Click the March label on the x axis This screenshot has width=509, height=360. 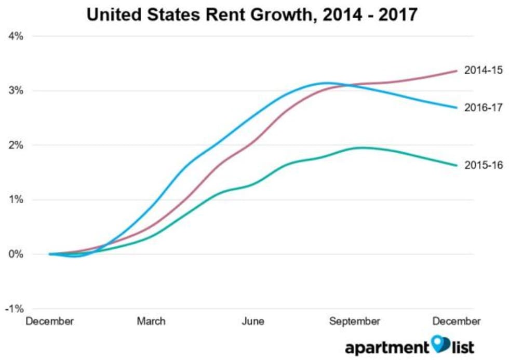[151, 322]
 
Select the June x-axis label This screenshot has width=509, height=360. [252, 322]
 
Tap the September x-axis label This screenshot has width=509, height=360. [355, 322]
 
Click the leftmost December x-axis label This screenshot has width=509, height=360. [50, 322]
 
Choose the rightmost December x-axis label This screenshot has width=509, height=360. [457, 322]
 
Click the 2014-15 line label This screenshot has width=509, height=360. [483, 70]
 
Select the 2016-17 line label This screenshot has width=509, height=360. [483, 108]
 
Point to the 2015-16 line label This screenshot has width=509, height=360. [483, 165]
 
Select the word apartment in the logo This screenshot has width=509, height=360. [387, 346]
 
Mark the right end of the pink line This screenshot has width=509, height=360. [457, 71]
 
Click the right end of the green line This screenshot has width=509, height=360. [457, 166]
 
